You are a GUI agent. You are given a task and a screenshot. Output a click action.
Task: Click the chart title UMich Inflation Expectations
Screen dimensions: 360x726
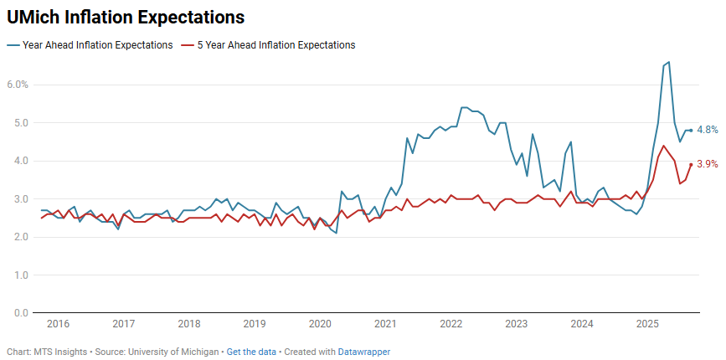point(126,17)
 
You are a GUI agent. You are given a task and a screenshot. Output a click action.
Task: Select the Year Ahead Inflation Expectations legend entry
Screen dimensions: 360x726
point(97,45)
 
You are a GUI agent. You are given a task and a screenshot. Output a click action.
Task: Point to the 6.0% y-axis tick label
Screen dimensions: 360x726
point(18,85)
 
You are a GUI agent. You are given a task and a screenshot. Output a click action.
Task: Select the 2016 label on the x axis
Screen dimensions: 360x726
point(58,324)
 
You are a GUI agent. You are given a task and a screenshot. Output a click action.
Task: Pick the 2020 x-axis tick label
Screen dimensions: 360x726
point(320,324)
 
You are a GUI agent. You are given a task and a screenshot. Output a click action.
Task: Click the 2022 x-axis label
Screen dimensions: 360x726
point(451,324)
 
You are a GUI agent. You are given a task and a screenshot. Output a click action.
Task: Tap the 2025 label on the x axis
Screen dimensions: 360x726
point(647,324)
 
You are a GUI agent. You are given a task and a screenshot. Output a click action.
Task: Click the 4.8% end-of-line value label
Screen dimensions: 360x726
point(708,130)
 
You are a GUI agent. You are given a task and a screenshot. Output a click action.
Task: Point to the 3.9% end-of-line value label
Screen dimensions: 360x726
point(708,164)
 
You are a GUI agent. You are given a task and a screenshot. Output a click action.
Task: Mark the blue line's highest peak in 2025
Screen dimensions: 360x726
point(668,62)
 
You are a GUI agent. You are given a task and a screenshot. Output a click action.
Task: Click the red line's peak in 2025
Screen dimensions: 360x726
point(663,146)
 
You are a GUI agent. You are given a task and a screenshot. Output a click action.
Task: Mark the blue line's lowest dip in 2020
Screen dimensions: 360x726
point(336,233)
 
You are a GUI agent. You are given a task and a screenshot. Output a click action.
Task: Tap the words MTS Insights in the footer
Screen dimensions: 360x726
point(54,352)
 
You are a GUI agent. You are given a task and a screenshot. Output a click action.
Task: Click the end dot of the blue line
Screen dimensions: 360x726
point(691,130)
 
